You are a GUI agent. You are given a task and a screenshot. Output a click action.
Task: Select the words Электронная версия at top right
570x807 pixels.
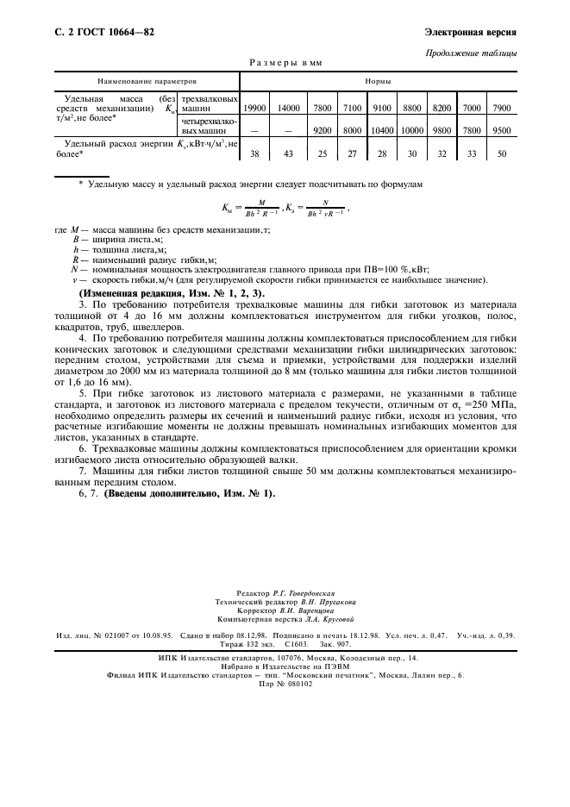click(471, 34)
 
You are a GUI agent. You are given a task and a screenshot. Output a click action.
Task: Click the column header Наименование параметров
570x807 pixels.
click(147, 81)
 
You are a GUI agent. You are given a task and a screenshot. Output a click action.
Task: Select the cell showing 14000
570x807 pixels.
click(289, 108)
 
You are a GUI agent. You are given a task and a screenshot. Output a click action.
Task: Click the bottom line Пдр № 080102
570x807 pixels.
click(285, 684)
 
